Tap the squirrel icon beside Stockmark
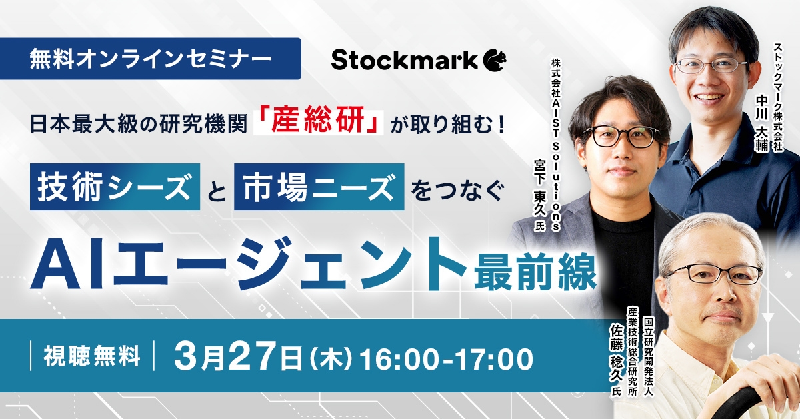[x=495, y=60]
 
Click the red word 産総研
[x=319, y=125]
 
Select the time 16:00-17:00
[x=446, y=358]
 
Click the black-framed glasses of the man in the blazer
[x=623, y=136]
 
